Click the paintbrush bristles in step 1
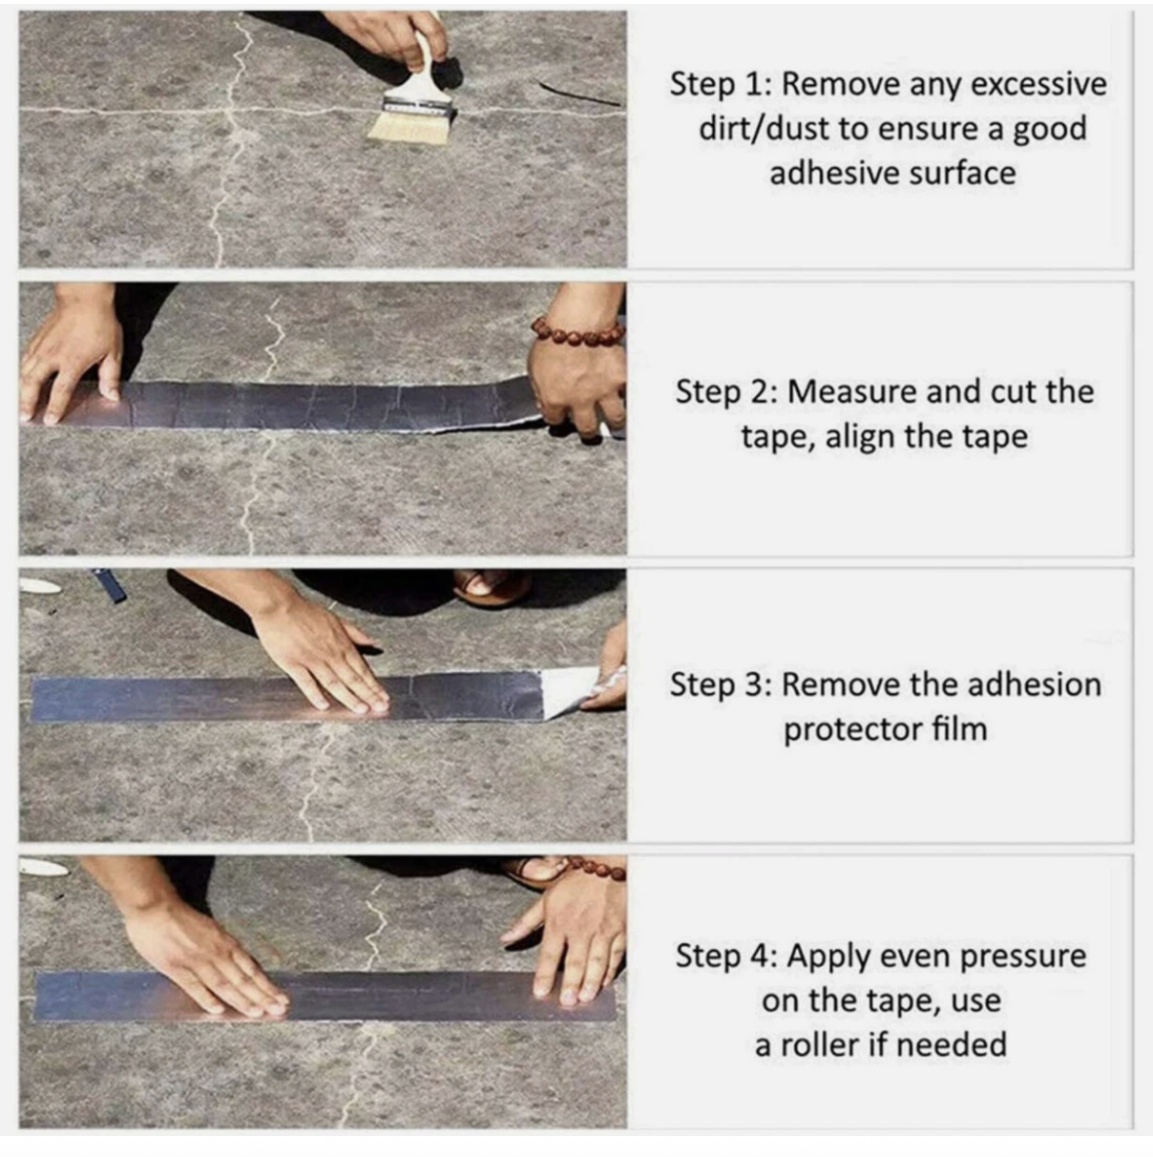click(x=409, y=128)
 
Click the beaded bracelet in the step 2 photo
click(x=577, y=332)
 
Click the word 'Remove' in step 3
click(x=841, y=684)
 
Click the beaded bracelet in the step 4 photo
click(x=597, y=870)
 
